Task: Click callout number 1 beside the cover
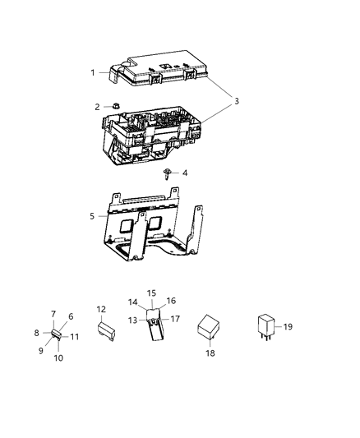93,72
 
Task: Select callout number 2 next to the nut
97,107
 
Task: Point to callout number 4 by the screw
185,173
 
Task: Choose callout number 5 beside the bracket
93,216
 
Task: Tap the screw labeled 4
168,173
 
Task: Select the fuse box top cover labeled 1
160,67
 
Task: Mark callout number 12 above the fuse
101,309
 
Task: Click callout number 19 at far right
288,326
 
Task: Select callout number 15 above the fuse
150,293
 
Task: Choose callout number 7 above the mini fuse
53,314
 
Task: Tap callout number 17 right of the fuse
174,318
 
